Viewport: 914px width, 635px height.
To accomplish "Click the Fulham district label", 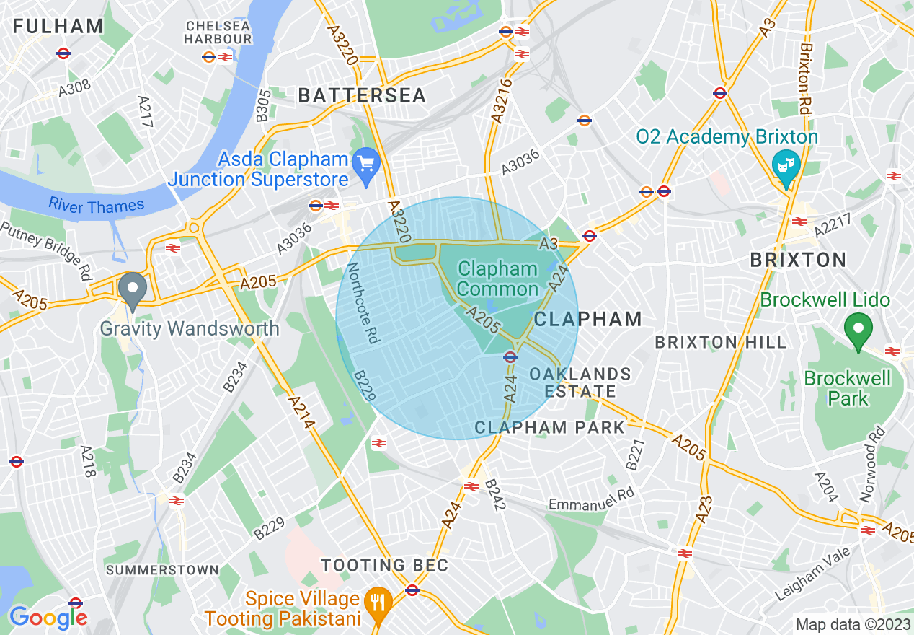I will [58, 27].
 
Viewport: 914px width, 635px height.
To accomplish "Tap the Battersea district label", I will [362, 95].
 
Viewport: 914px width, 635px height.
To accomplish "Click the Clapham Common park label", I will [497, 279].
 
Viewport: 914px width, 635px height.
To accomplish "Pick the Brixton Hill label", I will [720, 343].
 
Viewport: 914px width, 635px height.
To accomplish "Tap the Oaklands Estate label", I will [580, 382].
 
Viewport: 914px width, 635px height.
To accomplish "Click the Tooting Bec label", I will [385, 565].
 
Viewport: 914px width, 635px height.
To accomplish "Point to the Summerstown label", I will [162, 570].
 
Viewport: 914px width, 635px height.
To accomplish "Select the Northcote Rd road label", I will [363, 303].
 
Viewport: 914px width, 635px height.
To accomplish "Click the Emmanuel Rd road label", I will [591, 499].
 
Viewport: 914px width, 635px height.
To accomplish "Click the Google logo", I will [48, 617].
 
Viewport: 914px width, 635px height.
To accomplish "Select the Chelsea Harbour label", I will [218, 32].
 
